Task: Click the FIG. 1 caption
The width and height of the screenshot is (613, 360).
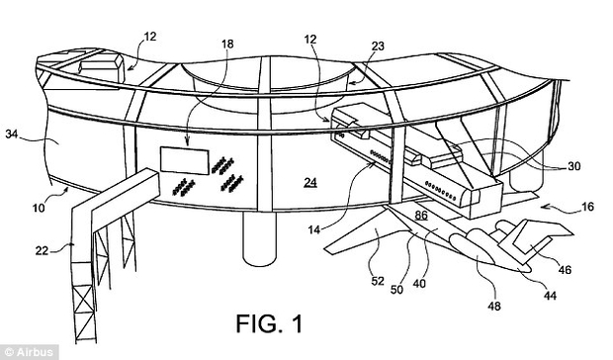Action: (269, 323)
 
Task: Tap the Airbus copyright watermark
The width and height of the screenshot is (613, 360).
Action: (29, 352)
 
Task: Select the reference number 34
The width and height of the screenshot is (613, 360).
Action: (13, 135)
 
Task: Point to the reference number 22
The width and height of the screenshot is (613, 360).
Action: (42, 250)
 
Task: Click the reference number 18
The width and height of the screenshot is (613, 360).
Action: (227, 44)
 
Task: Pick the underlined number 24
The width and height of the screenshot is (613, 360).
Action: (310, 182)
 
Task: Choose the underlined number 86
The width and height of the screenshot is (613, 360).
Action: (421, 215)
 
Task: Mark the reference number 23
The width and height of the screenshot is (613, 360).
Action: (378, 46)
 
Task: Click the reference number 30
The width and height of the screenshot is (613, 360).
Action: (573, 166)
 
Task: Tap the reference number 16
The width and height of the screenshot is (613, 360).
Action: (587, 207)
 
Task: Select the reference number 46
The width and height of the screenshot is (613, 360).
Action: (565, 269)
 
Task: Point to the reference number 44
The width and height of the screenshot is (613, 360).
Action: (550, 295)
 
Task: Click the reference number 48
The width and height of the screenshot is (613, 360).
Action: (494, 306)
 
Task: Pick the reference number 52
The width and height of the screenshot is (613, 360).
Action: (378, 281)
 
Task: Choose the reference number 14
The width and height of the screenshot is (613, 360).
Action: (314, 229)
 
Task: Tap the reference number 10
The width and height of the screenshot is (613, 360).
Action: (39, 208)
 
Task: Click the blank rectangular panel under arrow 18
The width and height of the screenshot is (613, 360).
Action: (185, 160)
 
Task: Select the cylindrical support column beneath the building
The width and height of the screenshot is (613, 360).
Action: (259, 238)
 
